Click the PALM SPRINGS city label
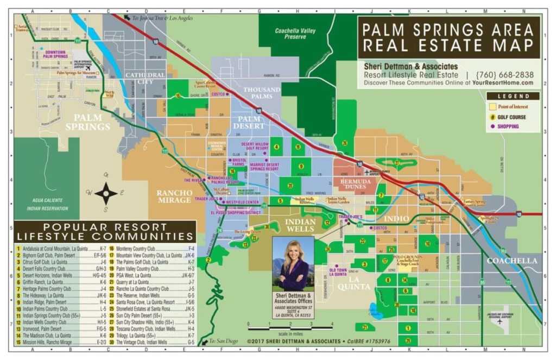point(88,122)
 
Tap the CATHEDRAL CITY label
point(145,78)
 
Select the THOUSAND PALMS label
point(262,93)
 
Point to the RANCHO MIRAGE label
point(174,196)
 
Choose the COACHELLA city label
point(512,261)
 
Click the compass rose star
point(106,193)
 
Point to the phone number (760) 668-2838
point(504,75)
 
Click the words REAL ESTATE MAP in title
point(449,45)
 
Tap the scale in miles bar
point(290,329)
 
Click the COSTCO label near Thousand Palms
point(218,94)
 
